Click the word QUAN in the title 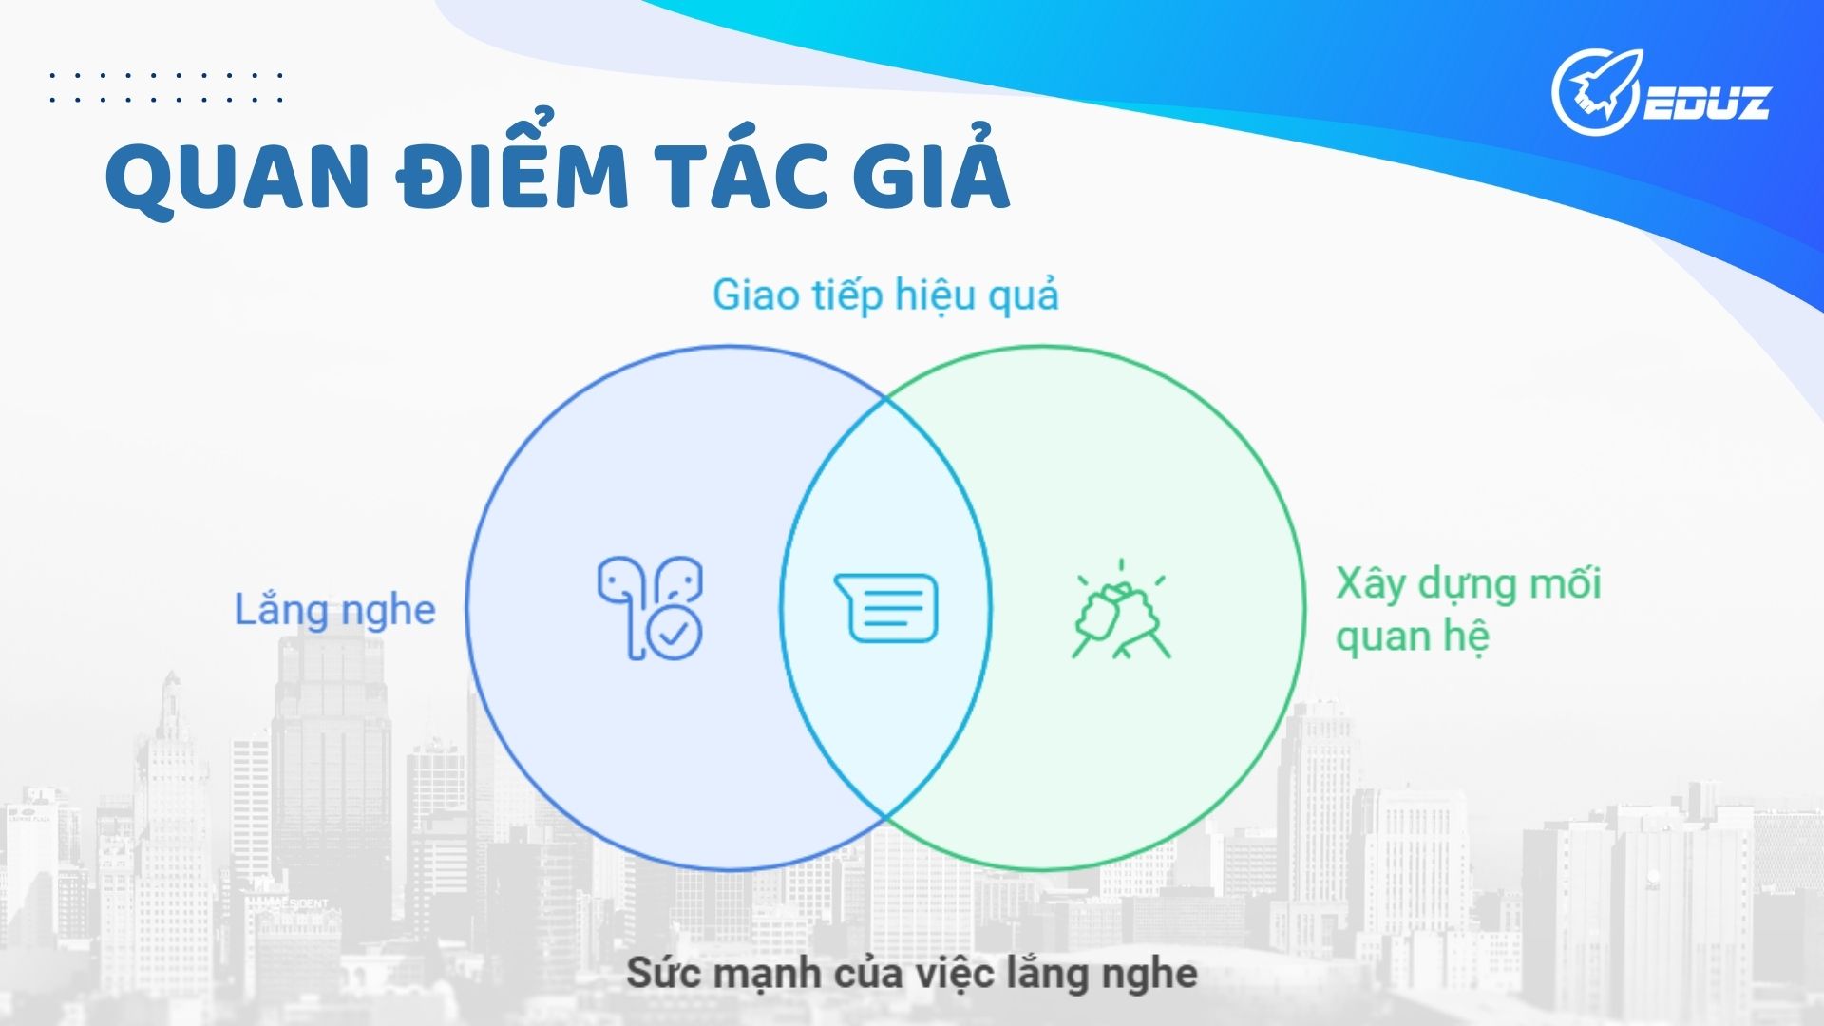pyautogui.click(x=237, y=178)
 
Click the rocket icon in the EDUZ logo pyautogui.click(x=1597, y=92)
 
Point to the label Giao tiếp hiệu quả pyautogui.click(x=885, y=295)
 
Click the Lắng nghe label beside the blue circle pyautogui.click(x=334, y=610)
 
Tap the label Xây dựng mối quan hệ pyautogui.click(x=1469, y=609)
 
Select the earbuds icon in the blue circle pyautogui.click(x=650, y=607)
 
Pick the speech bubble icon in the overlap pyautogui.click(x=885, y=608)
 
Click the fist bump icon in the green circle pyautogui.click(x=1121, y=610)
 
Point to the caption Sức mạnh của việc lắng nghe pyautogui.click(x=912, y=974)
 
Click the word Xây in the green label pyautogui.click(x=1371, y=584)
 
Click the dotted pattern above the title pyautogui.click(x=166, y=86)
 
